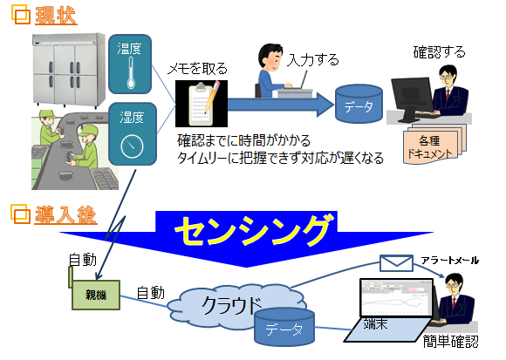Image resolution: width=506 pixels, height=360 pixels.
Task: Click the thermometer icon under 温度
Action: click(130, 73)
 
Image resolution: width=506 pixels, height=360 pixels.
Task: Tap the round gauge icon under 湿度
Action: click(132, 146)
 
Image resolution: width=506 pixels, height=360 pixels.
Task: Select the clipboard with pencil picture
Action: click(202, 104)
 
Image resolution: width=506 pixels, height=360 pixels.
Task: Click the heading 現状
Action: click(56, 16)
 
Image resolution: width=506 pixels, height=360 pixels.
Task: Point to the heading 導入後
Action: click(65, 214)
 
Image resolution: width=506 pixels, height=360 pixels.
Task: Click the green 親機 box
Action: click(96, 295)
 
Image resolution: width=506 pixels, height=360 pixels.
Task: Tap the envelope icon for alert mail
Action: click(396, 263)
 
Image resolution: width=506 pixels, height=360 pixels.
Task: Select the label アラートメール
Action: click(450, 261)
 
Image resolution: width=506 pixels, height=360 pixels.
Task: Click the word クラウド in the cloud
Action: click(231, 304)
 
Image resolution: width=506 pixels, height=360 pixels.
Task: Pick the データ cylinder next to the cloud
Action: click(284, 327)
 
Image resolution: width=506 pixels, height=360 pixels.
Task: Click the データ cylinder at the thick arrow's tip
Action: click(359, 104)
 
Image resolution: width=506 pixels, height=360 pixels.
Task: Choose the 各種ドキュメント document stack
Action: click(434, 145)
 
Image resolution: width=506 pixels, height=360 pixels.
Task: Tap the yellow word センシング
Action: click(253, 230)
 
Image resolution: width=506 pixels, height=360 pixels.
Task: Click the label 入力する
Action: click(313, 59)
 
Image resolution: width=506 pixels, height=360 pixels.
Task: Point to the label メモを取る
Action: click(197, 68)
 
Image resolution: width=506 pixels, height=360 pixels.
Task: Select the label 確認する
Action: click(439, 52)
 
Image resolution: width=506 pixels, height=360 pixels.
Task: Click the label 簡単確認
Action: click(450, 342)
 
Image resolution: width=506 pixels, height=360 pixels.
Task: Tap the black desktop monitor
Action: click(412, 98)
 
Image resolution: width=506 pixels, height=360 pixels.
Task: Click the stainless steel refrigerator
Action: click(69, 70)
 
